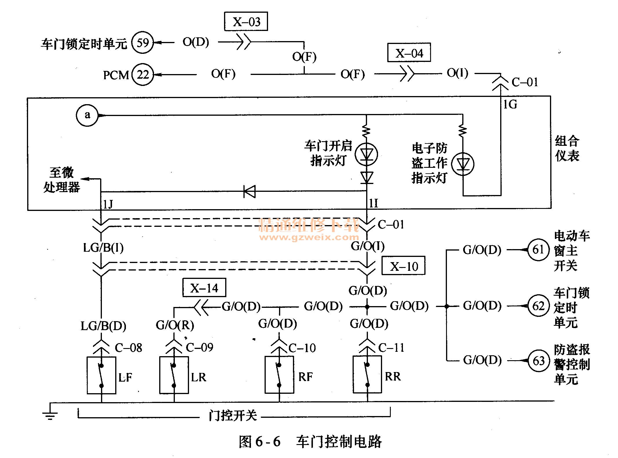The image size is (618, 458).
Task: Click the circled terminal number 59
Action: tap(142, 43)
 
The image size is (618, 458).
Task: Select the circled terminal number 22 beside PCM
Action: tap(142, 74)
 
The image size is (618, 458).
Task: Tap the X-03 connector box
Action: tap(246, 21)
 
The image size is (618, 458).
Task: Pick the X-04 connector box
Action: tap(409, 52)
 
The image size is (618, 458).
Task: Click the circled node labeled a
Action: tap(87, 115)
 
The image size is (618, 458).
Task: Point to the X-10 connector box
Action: tap(404, 266)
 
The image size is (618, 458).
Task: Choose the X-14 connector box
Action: tap(204, 288)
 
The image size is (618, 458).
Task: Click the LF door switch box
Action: tap(102, 375)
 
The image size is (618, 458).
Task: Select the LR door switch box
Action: tap(174, 375)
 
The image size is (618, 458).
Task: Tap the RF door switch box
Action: tap(279, 375)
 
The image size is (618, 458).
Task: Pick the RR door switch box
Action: tap(367, 374)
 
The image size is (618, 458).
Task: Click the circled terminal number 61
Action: tap(538, 249)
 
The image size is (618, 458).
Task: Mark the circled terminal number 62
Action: tap(538, 306)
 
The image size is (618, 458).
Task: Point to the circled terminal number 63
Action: tap(538, 360)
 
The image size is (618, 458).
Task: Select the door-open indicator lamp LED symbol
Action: tap(366, 154)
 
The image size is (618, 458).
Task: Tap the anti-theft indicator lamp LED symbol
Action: tap(463, 164)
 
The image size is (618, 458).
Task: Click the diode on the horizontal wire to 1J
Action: tap(250, 191)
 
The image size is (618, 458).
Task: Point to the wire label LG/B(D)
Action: tap(103, 326)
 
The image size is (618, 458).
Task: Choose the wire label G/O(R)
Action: tap(175, 325)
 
